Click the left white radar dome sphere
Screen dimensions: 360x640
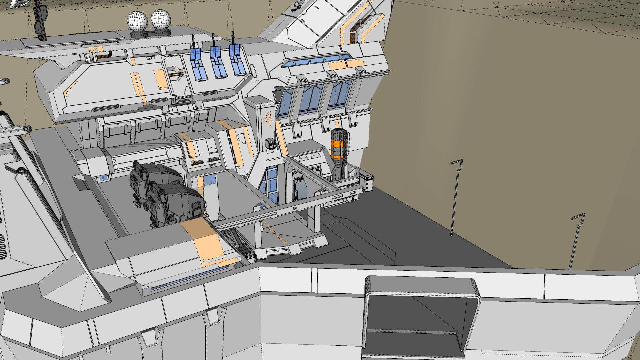(137, 20)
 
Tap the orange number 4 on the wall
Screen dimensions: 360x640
(267, 118)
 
